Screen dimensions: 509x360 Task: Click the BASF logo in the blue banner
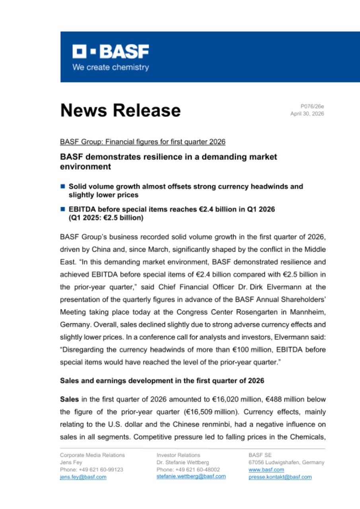tap(110, 51)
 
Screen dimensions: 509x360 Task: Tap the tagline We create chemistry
tap(110, 67)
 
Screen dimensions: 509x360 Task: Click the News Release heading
tap(120, 110)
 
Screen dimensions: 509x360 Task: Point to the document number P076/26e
tap(312, 106)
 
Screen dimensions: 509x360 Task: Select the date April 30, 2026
tap(307, 114)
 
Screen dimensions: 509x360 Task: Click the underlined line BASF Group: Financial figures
tap(143, 142)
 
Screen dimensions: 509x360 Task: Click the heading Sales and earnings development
tap(162, 381)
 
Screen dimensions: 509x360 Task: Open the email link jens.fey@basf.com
tap(83, 477)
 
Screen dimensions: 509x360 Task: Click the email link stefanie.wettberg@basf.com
tap(191, 476)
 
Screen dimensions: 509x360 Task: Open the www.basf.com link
tap(261, 470)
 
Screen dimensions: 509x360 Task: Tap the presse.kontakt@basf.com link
tap(280, 477)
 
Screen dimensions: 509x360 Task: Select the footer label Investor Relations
tap(179, 455)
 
